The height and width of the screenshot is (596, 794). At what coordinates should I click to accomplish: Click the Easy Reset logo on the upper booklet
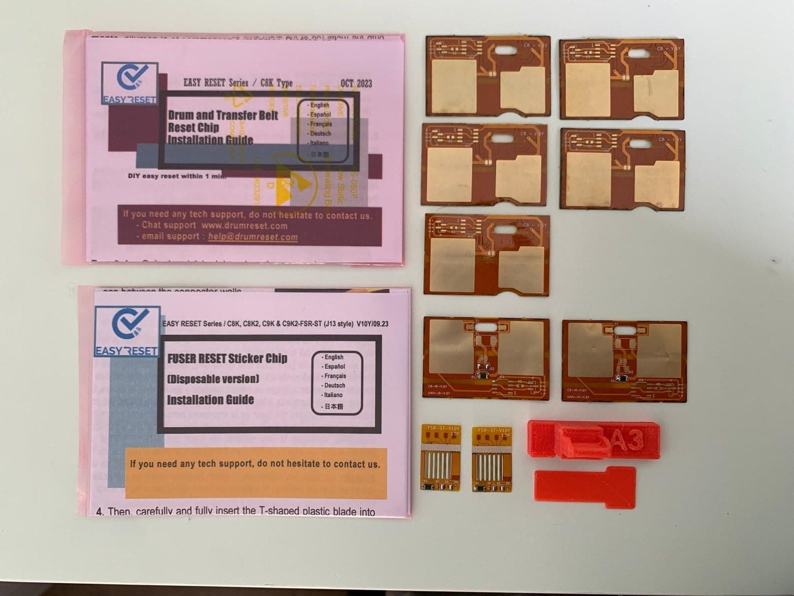coord(130,84)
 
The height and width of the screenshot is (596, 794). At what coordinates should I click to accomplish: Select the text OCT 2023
coord(356,83)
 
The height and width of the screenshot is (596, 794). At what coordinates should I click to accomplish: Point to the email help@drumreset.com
coord(253,237)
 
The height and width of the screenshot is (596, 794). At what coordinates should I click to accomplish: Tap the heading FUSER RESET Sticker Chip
coord(227,359)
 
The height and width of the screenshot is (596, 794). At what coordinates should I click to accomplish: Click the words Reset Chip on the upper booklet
coord(193,128)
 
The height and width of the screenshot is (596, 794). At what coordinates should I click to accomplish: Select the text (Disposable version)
coord(213,379)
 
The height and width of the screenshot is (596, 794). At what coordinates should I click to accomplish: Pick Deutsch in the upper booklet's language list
coord(320,134)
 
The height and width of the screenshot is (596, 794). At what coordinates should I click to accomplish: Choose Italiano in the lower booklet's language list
coord(333,395)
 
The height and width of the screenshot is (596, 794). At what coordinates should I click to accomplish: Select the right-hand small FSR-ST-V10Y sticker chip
coord(491,457)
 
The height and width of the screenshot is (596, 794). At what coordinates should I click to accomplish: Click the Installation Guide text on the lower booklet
coord(210,400)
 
